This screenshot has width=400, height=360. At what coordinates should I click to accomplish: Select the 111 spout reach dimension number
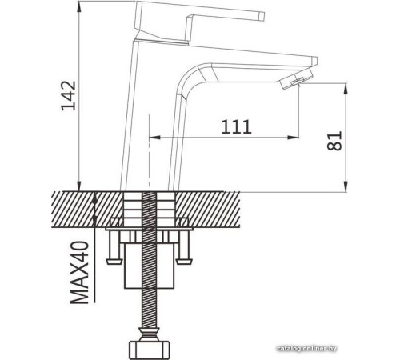[236, 126]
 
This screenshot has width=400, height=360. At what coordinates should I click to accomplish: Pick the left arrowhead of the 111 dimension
[154, 137]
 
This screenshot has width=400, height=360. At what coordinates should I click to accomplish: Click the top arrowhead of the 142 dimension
[82, 8]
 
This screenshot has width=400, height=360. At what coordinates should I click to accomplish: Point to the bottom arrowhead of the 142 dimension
[82, 186]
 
